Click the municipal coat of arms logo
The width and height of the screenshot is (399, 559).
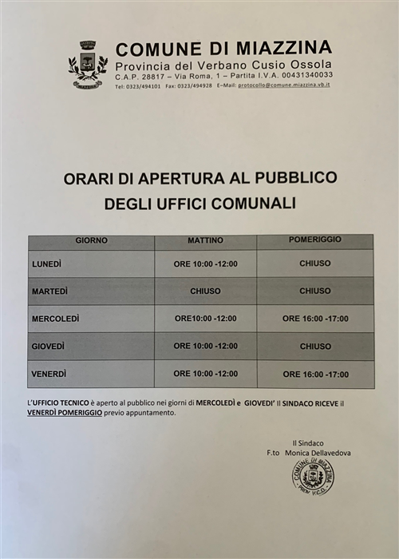pyautogui.click(x=87, y=65)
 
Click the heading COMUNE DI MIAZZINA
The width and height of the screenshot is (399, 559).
pyautogui.click(x=223, y=47)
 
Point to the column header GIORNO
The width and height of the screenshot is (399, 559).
pyautogui.click(x=92, y=240)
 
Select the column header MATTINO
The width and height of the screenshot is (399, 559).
pyautogui.click(x=205, y=240)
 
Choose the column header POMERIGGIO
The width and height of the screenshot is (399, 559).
pyautogui.click(x=315, y=240)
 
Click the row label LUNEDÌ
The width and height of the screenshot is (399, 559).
pyautogui.click(x=47, y=264)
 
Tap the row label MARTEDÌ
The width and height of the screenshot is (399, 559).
pyautogui.click(x=49, y=291)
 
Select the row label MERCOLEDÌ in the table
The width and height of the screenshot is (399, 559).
pyautogui.click(x=55, y=319)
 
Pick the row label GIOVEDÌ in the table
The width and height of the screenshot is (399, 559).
pyautogui.click(x=48, y=347)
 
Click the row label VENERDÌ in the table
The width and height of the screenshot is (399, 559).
pyautogui.click(x=49, y=374)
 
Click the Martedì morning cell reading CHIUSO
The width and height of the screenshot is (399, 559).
pyautogui.click(x=205, y=291)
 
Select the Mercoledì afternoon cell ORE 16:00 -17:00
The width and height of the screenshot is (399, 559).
pyautogui.click(x=315, y=319)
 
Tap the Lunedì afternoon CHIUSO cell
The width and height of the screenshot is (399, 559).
pyautogui.click(x=315, y=264)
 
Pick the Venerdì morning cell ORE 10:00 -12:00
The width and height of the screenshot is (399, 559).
pyautogui.click(x=205, y=374)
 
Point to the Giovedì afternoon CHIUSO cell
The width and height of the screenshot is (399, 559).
pyautogui.click(x=315, y=347)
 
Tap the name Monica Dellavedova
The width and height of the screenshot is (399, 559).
pyautogui.click(x=322, y=454)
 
